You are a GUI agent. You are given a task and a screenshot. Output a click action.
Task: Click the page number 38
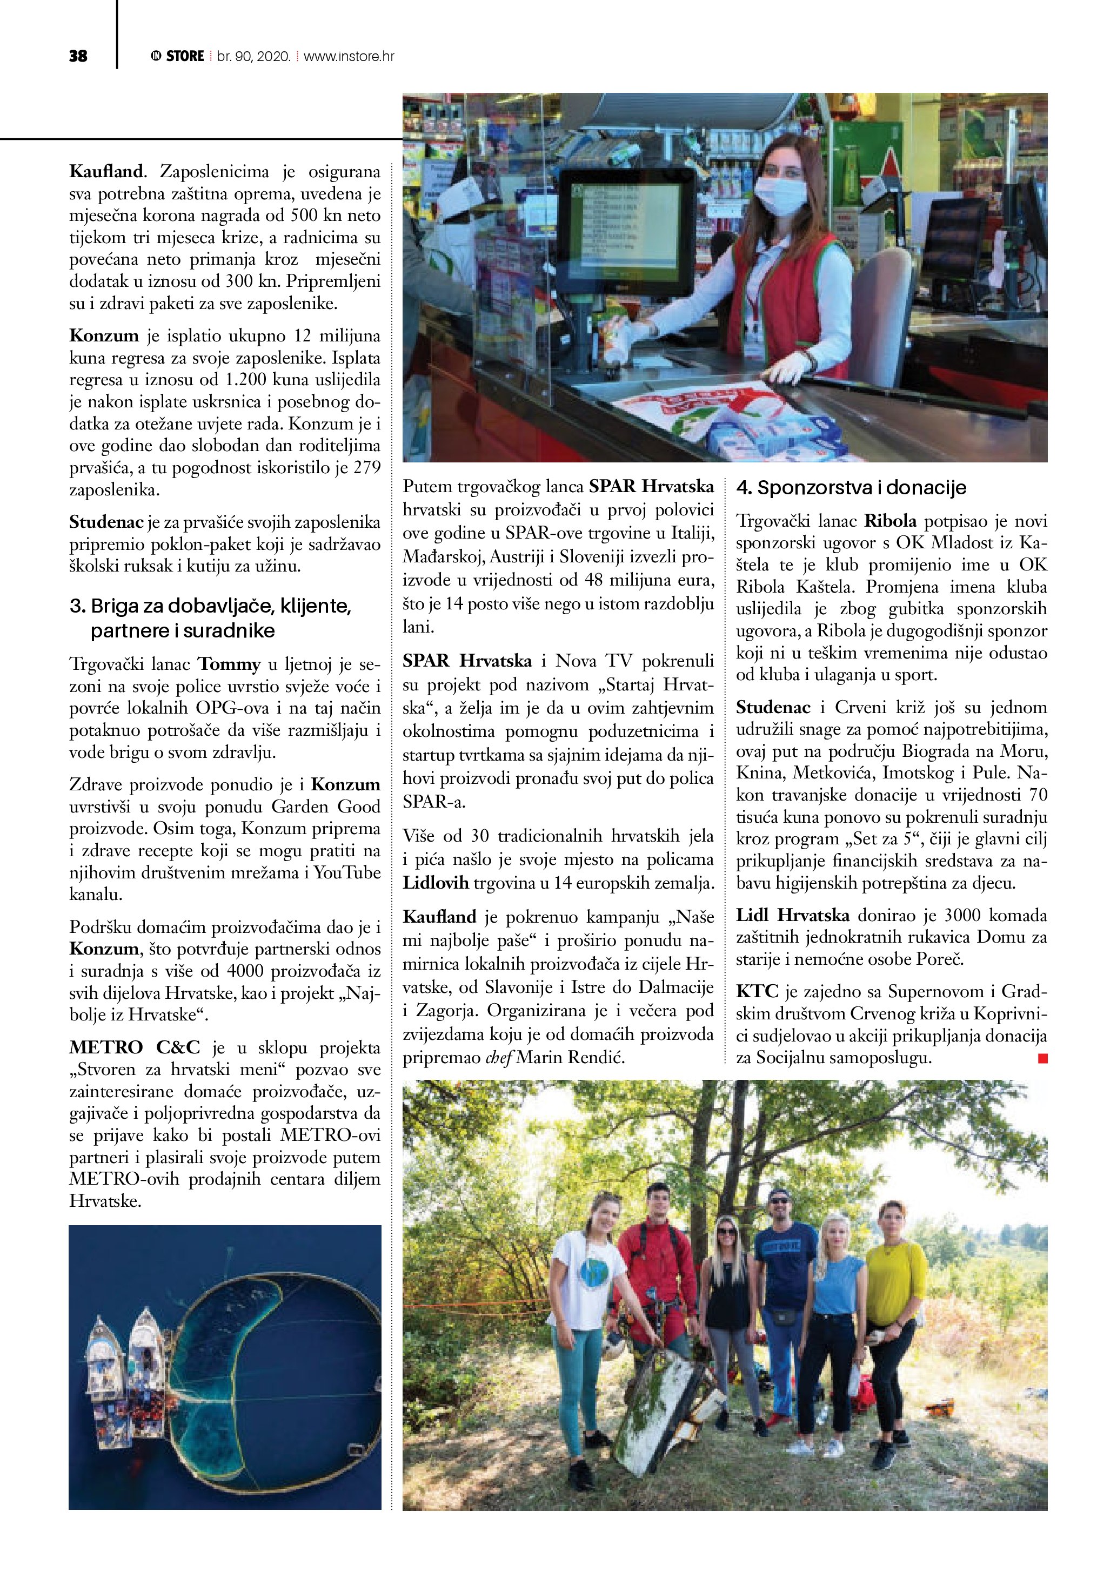[78, 56]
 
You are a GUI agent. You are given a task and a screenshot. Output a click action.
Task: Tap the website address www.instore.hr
[349, 56]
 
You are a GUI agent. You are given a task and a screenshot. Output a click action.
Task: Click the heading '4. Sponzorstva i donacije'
[851, 488]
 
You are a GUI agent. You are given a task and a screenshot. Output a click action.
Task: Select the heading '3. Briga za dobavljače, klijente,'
[210, 606]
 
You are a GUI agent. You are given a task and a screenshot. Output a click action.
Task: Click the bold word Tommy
[230, 664]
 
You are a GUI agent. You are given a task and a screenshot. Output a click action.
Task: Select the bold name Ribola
[890, 521]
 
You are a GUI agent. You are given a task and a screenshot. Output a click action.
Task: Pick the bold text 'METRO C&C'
[135, 1048]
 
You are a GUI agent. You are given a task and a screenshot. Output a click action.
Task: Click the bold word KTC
[757, 992]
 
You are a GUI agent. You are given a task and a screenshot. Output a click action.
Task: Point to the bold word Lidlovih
[436, 883]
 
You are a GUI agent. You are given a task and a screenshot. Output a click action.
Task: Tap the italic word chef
[499, 1058]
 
